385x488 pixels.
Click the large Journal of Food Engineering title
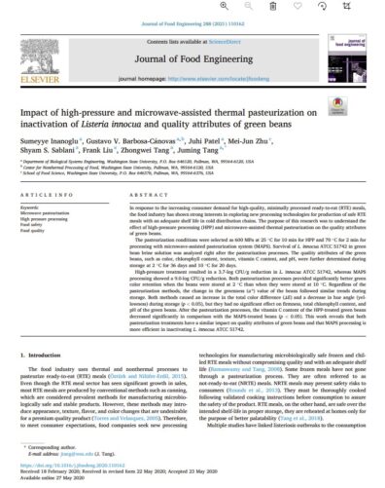[192, 39]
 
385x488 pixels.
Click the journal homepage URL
[227, 61]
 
